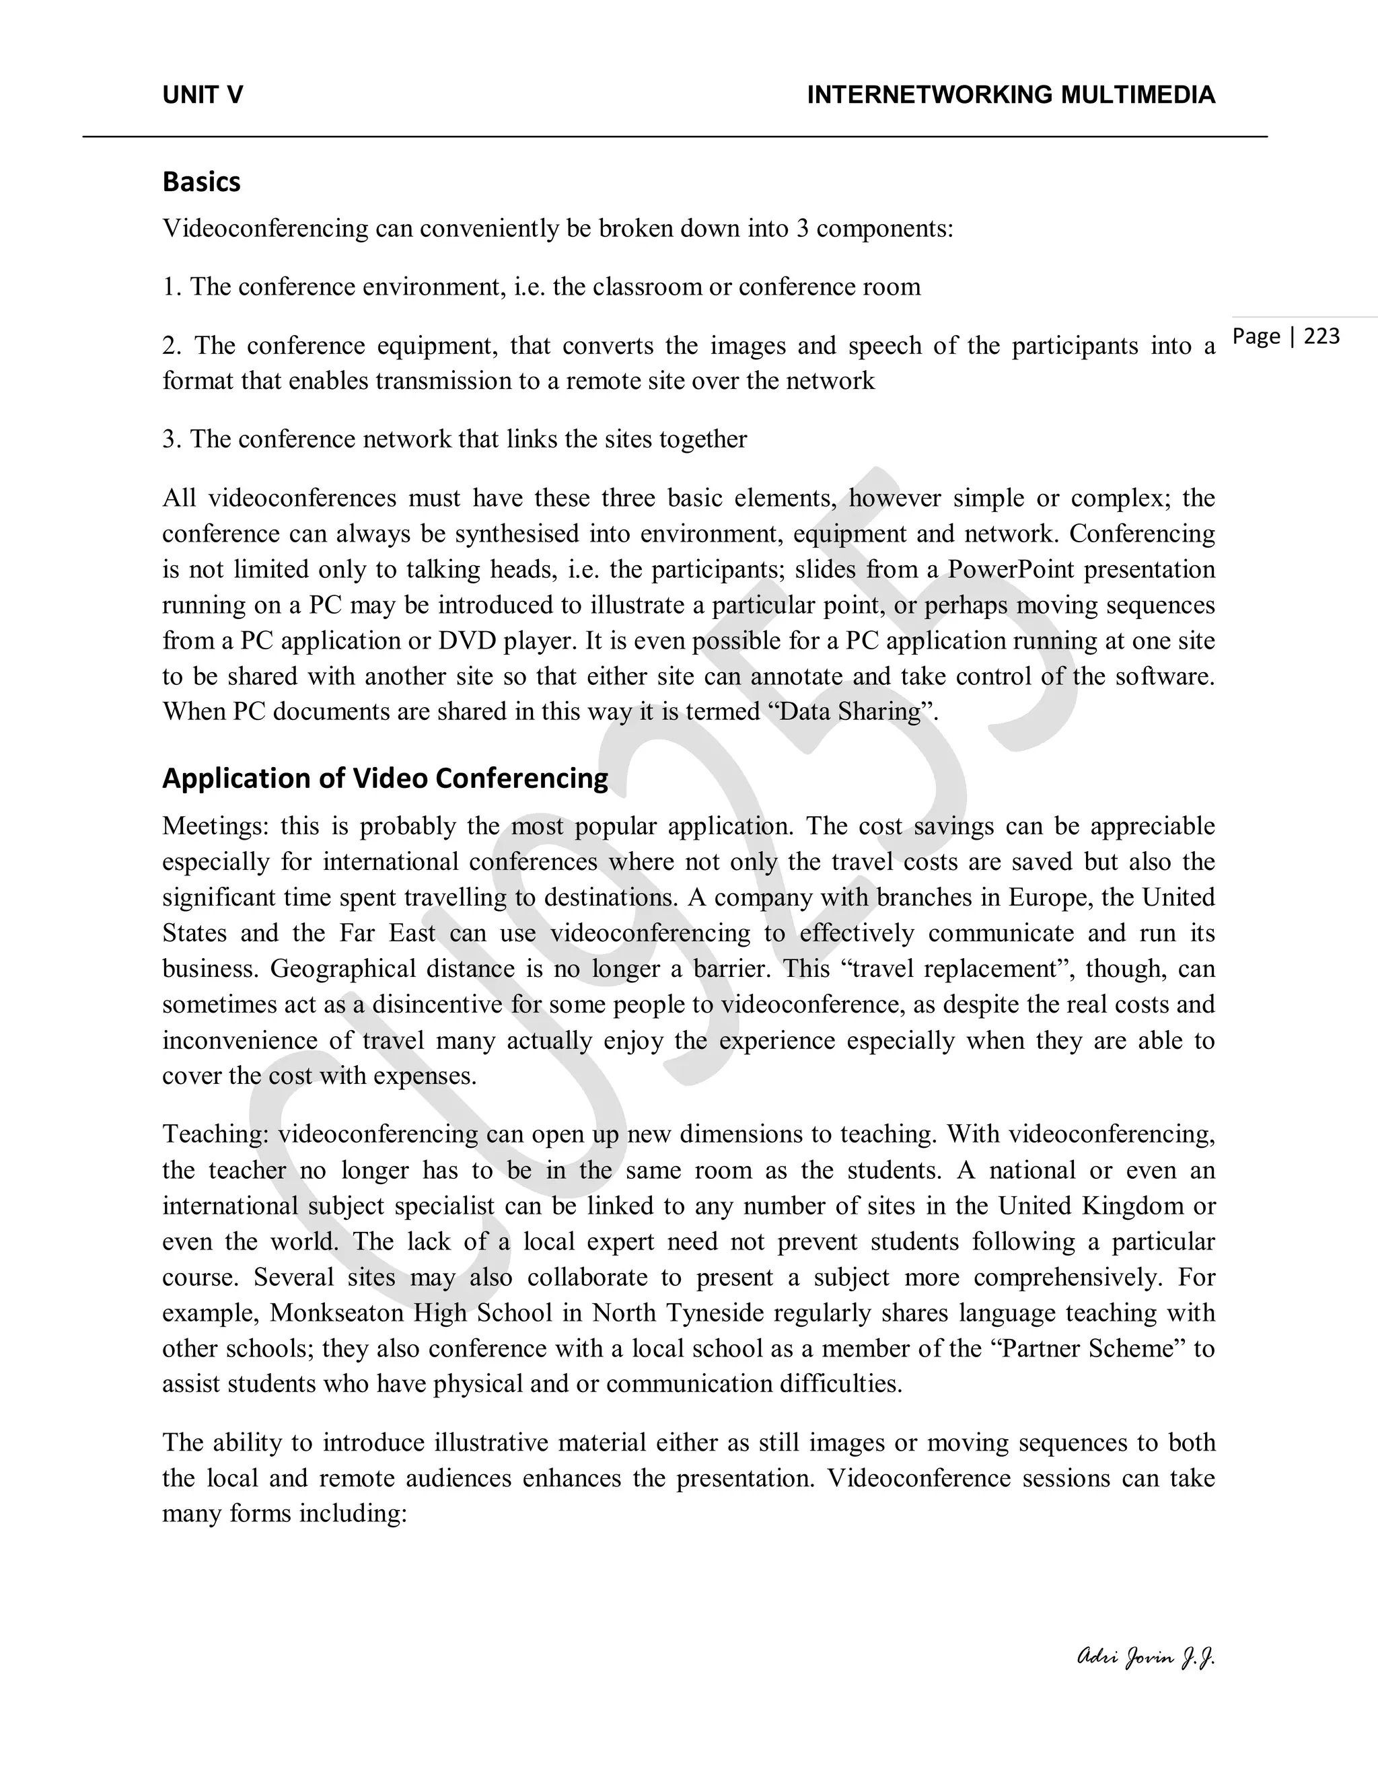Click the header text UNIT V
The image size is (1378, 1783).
203,96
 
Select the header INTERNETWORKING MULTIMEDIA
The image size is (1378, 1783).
1011,96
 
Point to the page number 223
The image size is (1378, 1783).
1321,336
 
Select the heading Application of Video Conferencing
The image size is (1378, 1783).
386,778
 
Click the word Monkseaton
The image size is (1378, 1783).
336,1313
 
